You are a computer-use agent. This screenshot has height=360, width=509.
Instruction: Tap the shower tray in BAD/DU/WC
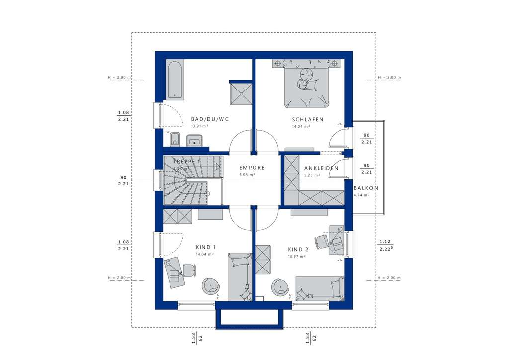[241, 92]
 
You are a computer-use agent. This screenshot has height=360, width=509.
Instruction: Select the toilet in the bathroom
[174, 140]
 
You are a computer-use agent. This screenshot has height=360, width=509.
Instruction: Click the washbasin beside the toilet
[194, 141]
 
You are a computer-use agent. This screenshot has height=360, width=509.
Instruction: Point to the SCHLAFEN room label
[308, 120]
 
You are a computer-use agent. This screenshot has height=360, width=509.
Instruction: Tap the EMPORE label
[252, 168]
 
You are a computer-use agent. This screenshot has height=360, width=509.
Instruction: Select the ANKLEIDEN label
[321, 168]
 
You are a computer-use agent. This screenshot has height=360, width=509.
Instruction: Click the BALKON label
[366, 188]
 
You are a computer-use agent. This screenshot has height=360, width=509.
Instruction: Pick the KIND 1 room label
[206, 247]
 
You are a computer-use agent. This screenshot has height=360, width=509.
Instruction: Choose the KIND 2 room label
[298, 250]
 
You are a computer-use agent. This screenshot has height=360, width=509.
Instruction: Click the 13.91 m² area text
[199, 127]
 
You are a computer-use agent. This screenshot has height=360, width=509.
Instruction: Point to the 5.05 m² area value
[247, 175]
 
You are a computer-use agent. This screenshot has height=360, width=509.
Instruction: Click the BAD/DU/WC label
[209, 119]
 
